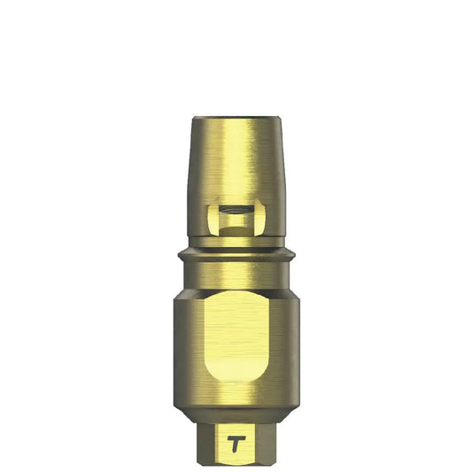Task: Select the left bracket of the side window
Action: tap(213, 218)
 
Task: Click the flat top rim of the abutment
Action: tap(236, 113)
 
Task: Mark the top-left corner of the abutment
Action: tap(193, 117)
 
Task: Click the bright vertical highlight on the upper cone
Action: tap(232, 159)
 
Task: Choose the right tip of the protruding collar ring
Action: tap(296, 257)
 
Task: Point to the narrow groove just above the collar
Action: tap(236, 245)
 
